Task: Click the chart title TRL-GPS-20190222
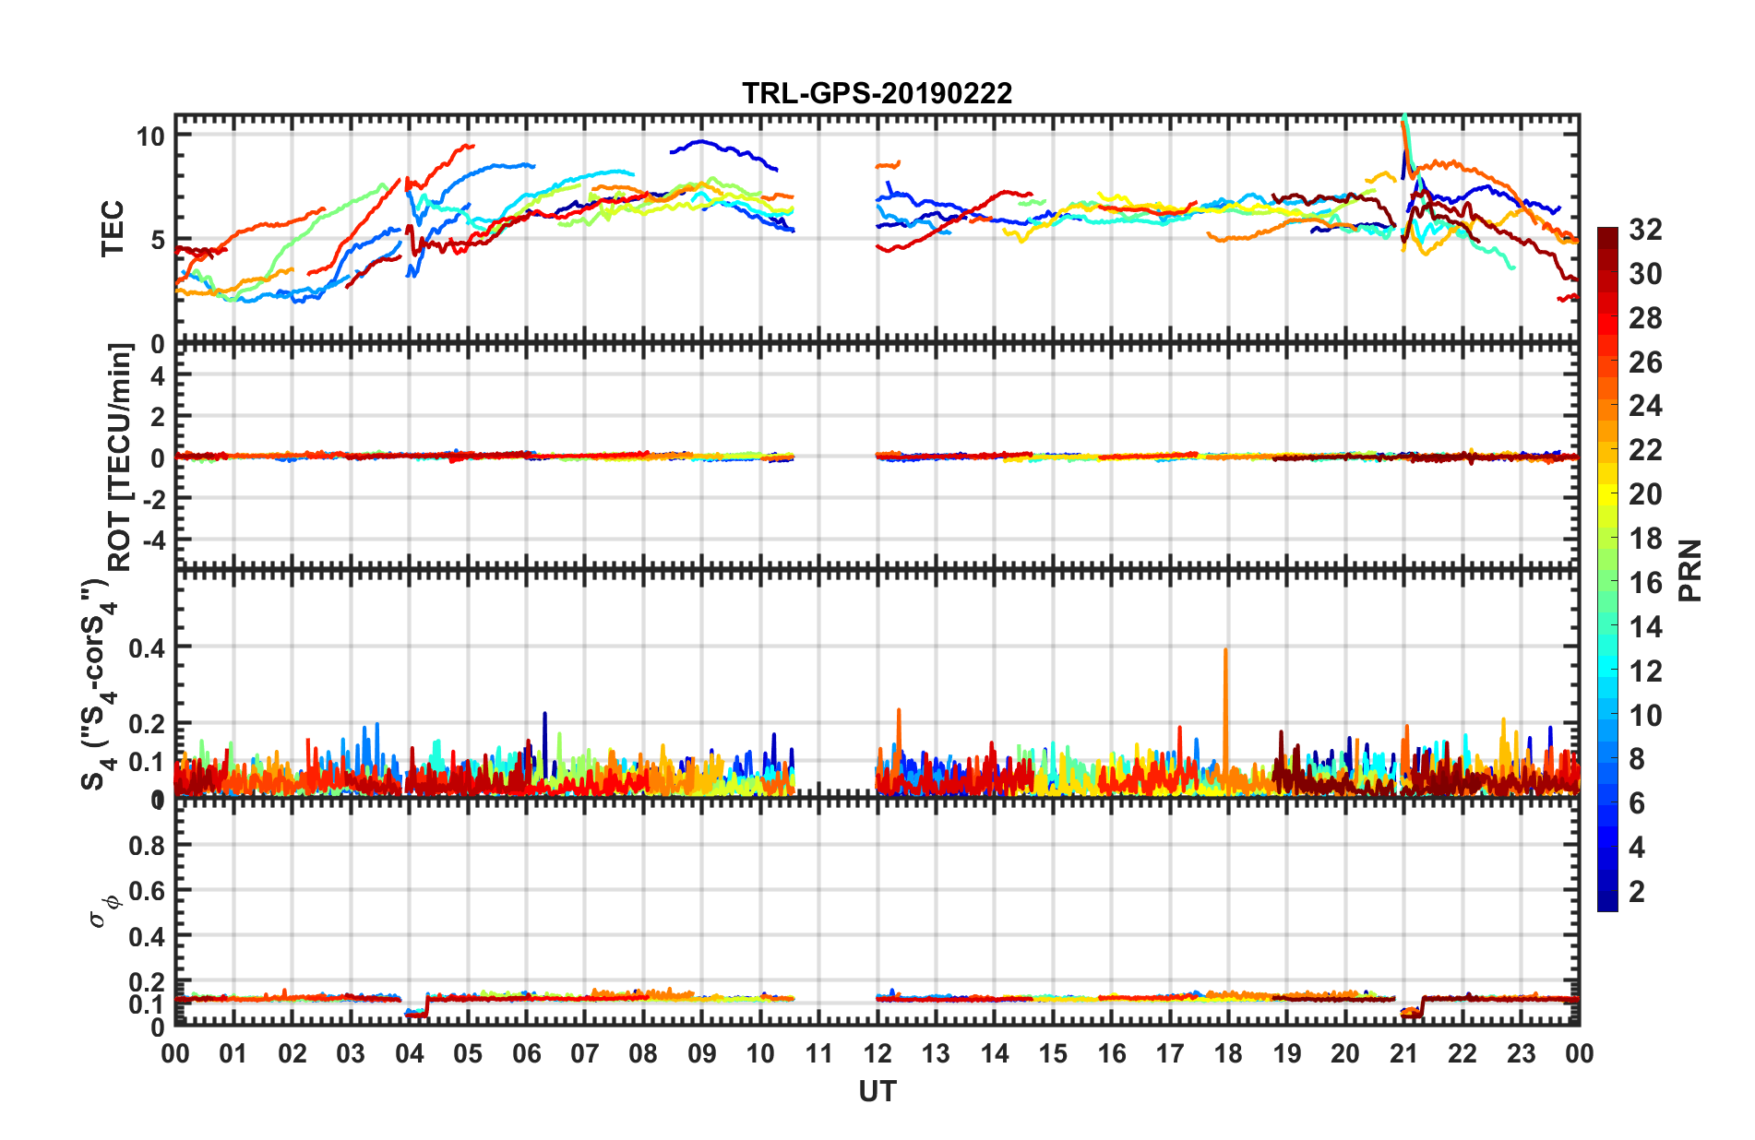tap(877, 93)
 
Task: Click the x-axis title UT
tap(877, 1092)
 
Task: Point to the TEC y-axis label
tap(113, 229)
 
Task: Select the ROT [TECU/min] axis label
tap(120, 457)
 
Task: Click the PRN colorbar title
tap(1690, 571)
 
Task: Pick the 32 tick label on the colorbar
tap(1645, 230)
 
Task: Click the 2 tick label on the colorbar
tap(1637, 892)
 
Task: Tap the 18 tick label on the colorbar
tap(1645, 539)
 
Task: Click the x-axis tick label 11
tap(818, 1054)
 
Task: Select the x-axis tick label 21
tap(1403, 1054)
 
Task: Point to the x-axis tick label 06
tap(526, 1054)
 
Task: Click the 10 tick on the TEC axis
tap(149, 137)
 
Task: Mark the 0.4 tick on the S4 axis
tap(146, 648)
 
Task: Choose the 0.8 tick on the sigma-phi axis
tap(146, 846)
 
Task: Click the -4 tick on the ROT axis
tap(151, 539)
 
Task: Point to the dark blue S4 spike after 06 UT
tap(544, 716)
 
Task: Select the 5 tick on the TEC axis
tap(157, 241)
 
